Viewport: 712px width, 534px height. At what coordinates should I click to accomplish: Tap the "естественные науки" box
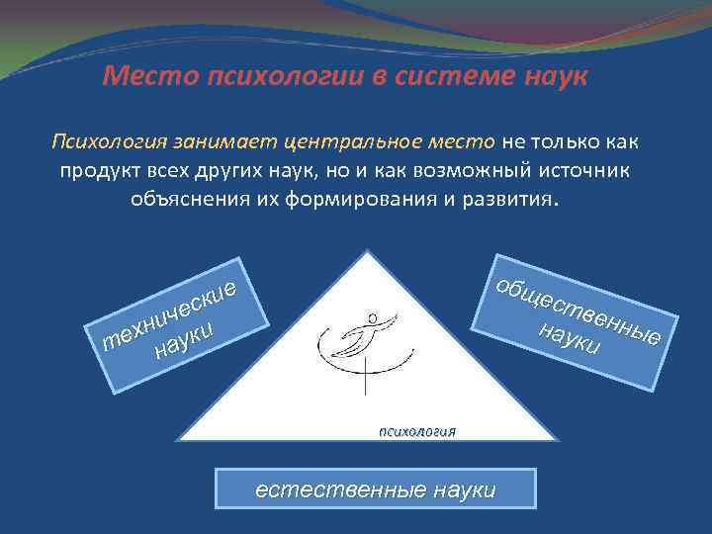[376, 489]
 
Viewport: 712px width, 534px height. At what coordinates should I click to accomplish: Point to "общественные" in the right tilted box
[578, 308]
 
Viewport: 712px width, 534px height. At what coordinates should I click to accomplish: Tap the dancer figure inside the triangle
[361, 341]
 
